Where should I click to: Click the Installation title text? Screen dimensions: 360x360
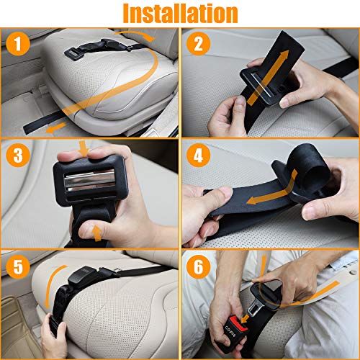point(180,14)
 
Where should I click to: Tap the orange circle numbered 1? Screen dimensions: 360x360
point(18,44)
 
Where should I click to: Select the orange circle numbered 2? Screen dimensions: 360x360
point(199,44)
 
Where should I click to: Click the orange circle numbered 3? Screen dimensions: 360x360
point(18,155)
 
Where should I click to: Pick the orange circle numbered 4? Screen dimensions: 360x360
point(199,155)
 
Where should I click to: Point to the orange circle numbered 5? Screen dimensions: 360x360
point(18,266)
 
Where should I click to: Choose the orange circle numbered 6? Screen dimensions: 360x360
point(199,266)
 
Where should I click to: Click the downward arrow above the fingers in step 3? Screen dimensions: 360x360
point(84,148)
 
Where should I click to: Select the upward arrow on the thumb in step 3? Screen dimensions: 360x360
point(97,233)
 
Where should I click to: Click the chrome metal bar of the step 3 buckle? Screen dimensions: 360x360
point(90,181)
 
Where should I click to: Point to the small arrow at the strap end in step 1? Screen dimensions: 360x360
point(56,128)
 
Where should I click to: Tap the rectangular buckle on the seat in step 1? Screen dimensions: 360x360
point(73,54)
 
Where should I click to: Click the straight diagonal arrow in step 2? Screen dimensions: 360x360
point(268,78)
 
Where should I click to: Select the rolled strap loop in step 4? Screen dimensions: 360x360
point(310,163)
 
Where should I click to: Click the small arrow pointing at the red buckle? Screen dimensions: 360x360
point(245,319)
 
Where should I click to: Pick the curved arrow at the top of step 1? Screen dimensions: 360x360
point(135,34)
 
